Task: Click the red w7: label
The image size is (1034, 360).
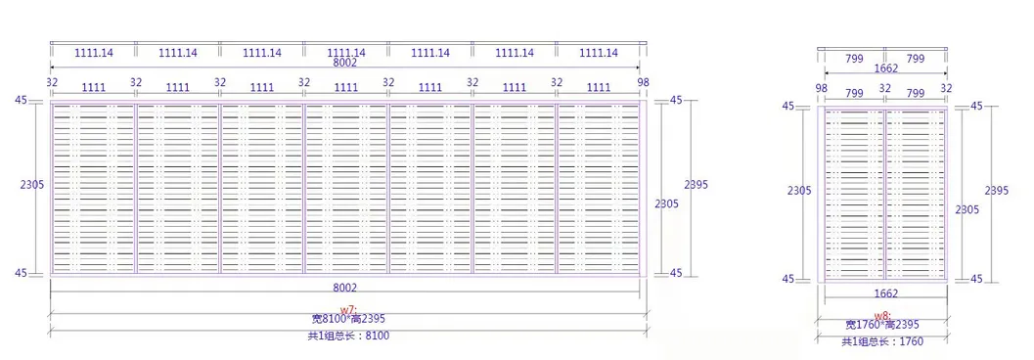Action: tap(348, 310)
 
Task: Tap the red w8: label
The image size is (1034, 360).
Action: tap(882, 315)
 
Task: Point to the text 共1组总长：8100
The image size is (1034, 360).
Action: tap(347, 336)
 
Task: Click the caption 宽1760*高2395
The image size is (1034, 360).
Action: tap(881, 325)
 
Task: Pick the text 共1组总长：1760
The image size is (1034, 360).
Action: tap(881, 341)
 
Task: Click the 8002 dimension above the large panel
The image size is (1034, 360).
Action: tap(345, 63)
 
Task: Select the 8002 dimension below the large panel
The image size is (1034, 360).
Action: tap(345, 287)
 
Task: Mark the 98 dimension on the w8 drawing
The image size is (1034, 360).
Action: tap(821, 89)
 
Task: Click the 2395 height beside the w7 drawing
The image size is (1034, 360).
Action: tap(696, 185)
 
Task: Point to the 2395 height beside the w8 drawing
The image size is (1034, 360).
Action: tap(997, 191)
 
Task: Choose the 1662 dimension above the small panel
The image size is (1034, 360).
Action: tap(885, 69)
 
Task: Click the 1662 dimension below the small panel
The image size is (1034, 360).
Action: tap(885, 292)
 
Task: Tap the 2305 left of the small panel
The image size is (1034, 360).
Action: tap(799, 191)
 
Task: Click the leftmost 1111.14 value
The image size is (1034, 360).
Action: tap(93, 53)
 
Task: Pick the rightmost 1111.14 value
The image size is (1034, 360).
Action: tap(599, 53)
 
